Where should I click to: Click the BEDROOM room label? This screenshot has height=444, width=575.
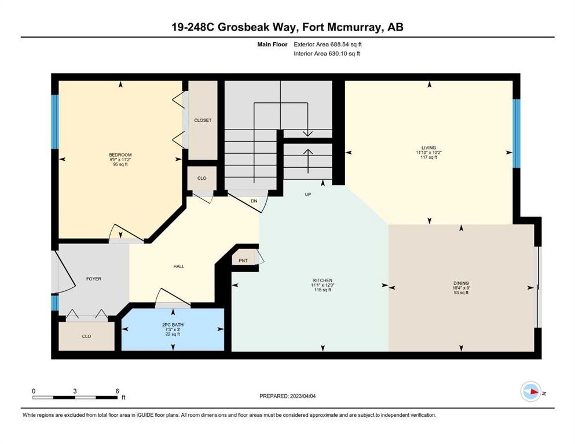point(120,155)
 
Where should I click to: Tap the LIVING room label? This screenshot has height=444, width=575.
point(428,148)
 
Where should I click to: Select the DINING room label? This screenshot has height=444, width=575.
point(461,283)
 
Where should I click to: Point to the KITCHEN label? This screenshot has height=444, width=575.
point(323,280)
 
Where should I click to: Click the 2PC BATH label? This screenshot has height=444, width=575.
point(173,325)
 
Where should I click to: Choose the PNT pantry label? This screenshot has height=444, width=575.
point(243,261)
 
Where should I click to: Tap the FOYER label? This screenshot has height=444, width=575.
point(94,279)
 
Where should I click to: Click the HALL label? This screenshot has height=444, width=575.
point(179,267)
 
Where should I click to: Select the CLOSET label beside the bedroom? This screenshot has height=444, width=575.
point(203,120)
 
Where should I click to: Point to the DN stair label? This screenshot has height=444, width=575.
point(254,201)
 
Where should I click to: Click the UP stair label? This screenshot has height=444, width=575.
point(308,194)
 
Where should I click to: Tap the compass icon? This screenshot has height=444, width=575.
point(531,391)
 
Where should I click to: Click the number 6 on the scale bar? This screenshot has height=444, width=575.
point(118,391)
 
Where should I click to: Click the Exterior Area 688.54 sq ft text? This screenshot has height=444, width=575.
point(328,45)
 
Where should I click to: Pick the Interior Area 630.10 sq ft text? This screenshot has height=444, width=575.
point(327,53)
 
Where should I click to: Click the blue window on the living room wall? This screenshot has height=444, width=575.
point(517,133)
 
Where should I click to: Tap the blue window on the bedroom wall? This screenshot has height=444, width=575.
point(55,122)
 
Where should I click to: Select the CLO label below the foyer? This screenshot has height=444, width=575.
point(86,336)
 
